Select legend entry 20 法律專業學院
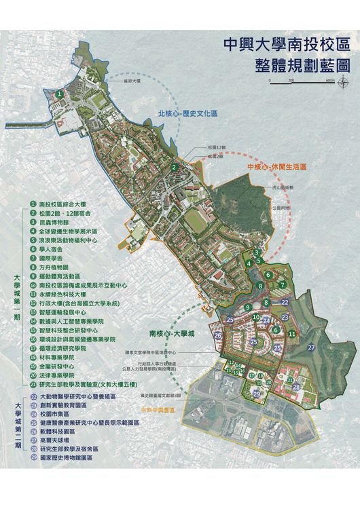pyautogui.click(x=60, y=375)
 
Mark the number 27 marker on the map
pyautogui.click(x=311, y=347)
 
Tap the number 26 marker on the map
pyautogui.click(x=218, y=335)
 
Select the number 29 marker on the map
pyautogui.click(x=256, y=394)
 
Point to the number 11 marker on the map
pyautogui.click(x=291, y=334)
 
